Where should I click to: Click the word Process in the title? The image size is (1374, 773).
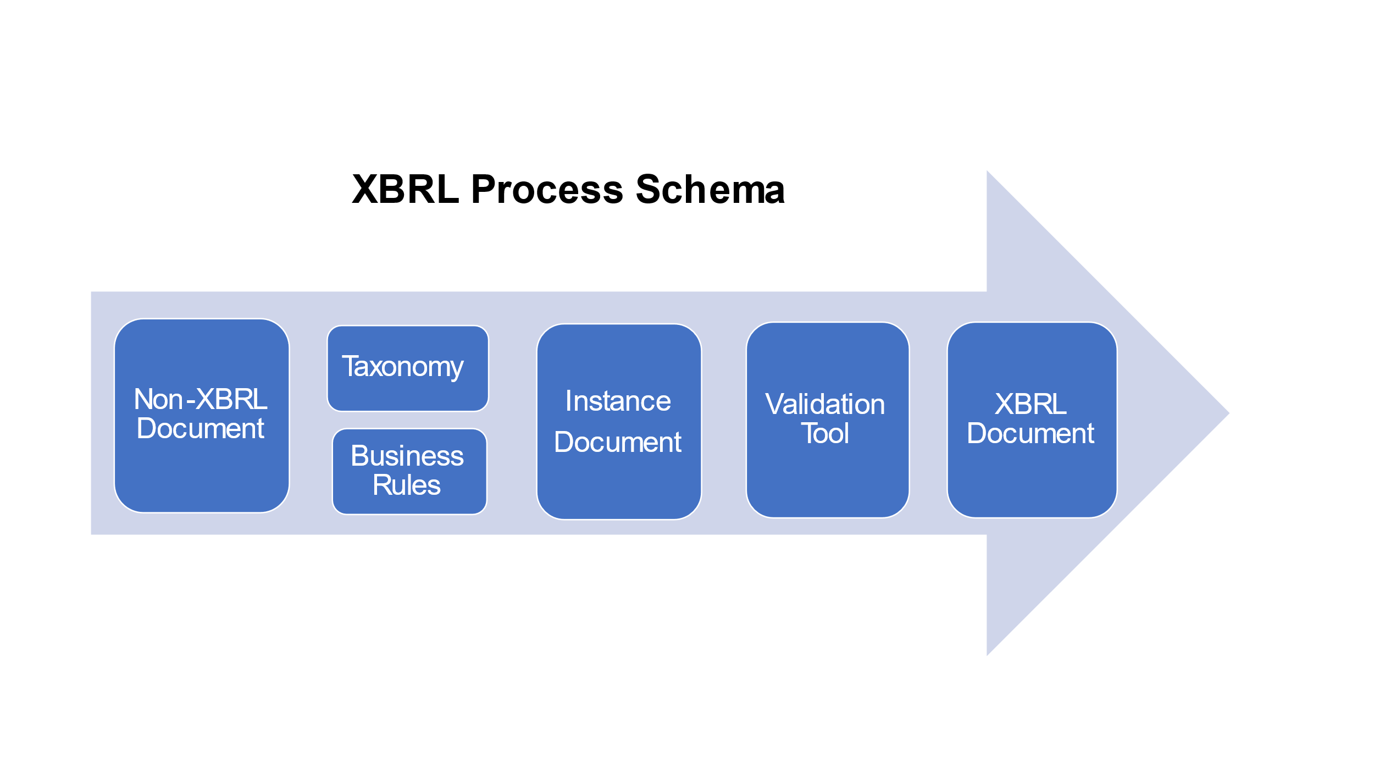[x=547, y=190]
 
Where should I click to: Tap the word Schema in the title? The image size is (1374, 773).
[x=710, y=190]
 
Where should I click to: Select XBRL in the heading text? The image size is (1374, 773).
[x=405, y=190]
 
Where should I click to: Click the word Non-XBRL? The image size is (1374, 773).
[x=201, y=399]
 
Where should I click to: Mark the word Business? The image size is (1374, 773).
[x=407, y=456]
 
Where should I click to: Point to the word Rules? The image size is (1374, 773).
[x=407, y=485]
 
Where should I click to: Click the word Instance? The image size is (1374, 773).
[x=618, y=401]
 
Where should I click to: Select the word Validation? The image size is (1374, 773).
[x=825, y=405]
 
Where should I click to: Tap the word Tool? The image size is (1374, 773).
[x=825, y=434]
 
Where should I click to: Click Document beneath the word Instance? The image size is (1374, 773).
[x=618, y=443]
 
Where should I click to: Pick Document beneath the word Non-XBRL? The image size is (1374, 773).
[x=201, y=429]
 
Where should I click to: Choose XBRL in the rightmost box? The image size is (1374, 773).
[x=1030, y=405]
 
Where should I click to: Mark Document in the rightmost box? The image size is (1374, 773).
[x=1030, y=434]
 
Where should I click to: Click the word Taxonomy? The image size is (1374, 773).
[x=403, y=367]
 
